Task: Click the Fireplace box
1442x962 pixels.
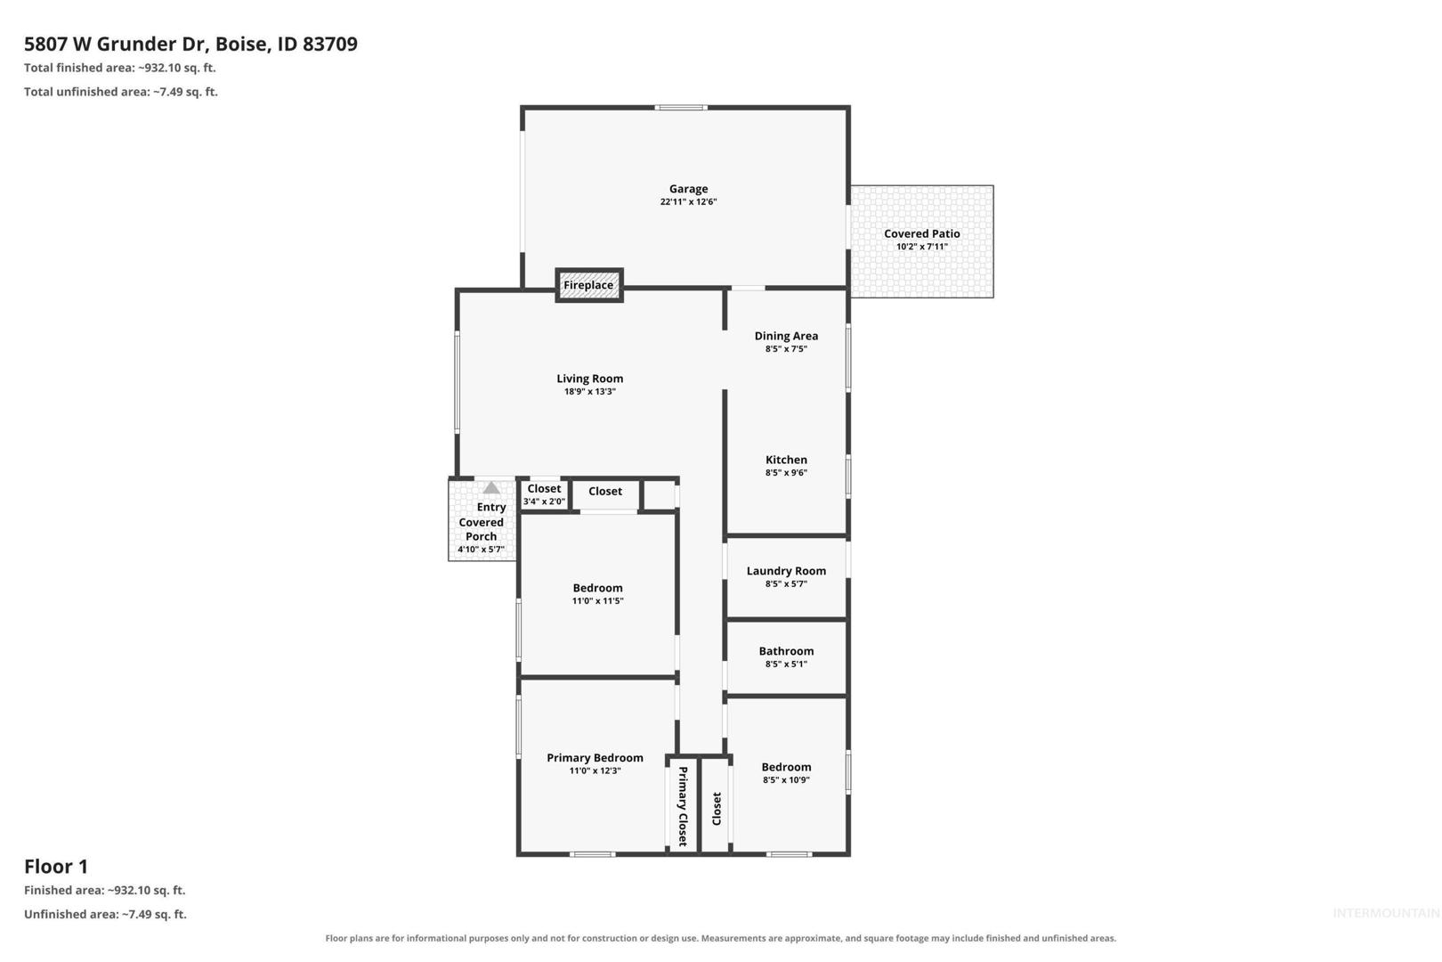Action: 589,285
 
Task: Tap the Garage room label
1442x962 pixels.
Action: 688,189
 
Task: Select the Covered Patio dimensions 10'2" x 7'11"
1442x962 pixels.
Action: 922,247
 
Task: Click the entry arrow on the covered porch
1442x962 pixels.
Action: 491,488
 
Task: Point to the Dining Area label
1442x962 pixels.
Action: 786,336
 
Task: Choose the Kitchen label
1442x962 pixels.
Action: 786,460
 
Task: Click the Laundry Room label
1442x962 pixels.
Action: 786,571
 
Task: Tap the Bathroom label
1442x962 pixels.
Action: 786,651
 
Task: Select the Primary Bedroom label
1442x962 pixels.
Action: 595,758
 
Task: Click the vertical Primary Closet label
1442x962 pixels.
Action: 683,806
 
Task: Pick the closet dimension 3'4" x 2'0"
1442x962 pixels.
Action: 544,501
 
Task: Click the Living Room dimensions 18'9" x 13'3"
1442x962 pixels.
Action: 589,391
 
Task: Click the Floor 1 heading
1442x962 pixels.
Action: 56,867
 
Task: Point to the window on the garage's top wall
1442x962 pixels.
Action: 681,108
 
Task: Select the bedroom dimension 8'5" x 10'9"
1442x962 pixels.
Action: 786,779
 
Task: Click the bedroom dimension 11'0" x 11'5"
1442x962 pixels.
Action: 597,600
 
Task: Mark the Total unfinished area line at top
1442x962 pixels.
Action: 121,92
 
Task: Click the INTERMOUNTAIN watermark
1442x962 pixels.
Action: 1386,913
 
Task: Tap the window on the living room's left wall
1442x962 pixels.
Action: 457,381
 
